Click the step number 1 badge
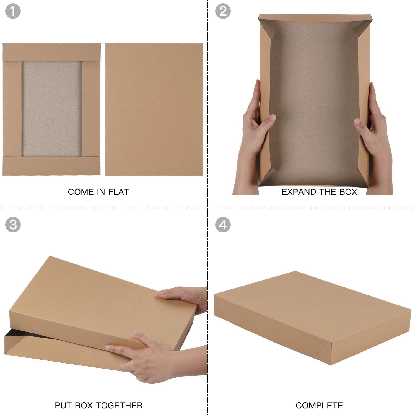(13, 11)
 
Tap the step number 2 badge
(223, 11)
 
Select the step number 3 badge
(13, 224)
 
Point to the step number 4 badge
(223, 224)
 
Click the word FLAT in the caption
(118, 192)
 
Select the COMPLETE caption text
(319, 405)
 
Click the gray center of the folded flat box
(52, 109)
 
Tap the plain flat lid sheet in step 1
(154, 109)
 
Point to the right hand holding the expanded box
(373, 138)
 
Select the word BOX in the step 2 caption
(348, 192)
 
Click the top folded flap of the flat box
(52, 52)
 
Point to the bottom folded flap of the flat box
(52, 166)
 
